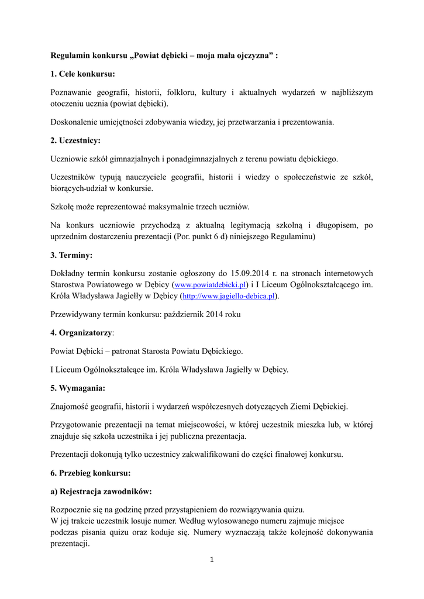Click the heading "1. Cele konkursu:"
tap(82, 74)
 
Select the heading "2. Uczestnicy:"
tap(75, 140)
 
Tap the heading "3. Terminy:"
tap(71, 255)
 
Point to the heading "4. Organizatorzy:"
tap(82, 333)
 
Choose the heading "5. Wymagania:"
tap(78, 388)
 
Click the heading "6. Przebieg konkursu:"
tap(91, 473)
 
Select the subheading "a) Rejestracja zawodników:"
tap(101, 491)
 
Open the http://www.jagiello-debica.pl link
tap(229, 297)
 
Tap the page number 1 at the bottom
tap(212, 560)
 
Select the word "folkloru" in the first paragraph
tap(181, 92)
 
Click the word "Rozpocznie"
tap(71, 510)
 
